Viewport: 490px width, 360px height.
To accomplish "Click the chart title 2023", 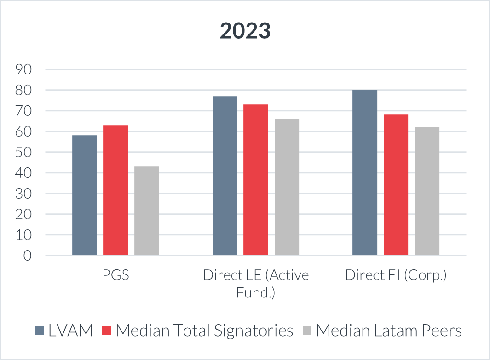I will pos(245,31).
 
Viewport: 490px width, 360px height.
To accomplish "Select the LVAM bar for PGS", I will pos(85,195).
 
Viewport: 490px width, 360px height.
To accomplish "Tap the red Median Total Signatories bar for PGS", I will pos(115,190).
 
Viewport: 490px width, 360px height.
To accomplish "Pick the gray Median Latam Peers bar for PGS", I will pos(146,211).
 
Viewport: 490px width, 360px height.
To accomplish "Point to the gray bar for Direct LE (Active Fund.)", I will pos(287,187).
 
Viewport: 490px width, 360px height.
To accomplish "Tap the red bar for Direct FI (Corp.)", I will pos(396,184).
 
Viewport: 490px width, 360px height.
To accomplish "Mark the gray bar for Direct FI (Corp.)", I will pos(427,191).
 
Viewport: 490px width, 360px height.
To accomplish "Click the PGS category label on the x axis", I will pos(115,276).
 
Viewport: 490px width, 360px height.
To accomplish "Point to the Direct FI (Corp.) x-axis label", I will pos(396,276).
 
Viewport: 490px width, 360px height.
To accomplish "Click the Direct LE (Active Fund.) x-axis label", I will pos(256,284).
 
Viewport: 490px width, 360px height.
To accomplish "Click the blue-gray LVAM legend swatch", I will pos(40,331).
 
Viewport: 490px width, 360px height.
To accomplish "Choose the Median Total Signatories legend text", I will pos(204,331).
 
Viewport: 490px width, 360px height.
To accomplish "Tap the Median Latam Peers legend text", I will pos(389,331).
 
